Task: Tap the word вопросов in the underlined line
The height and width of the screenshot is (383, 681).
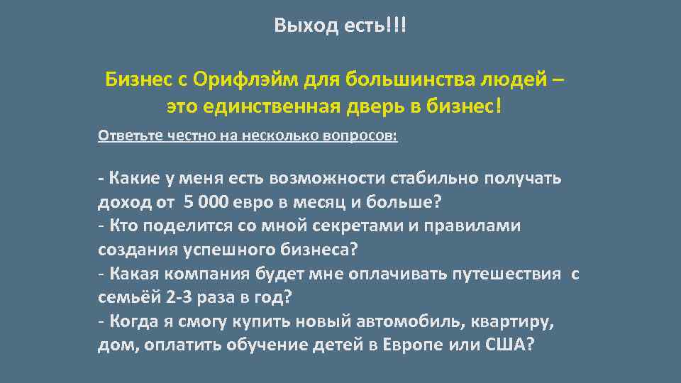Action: [x=361, y=135]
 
